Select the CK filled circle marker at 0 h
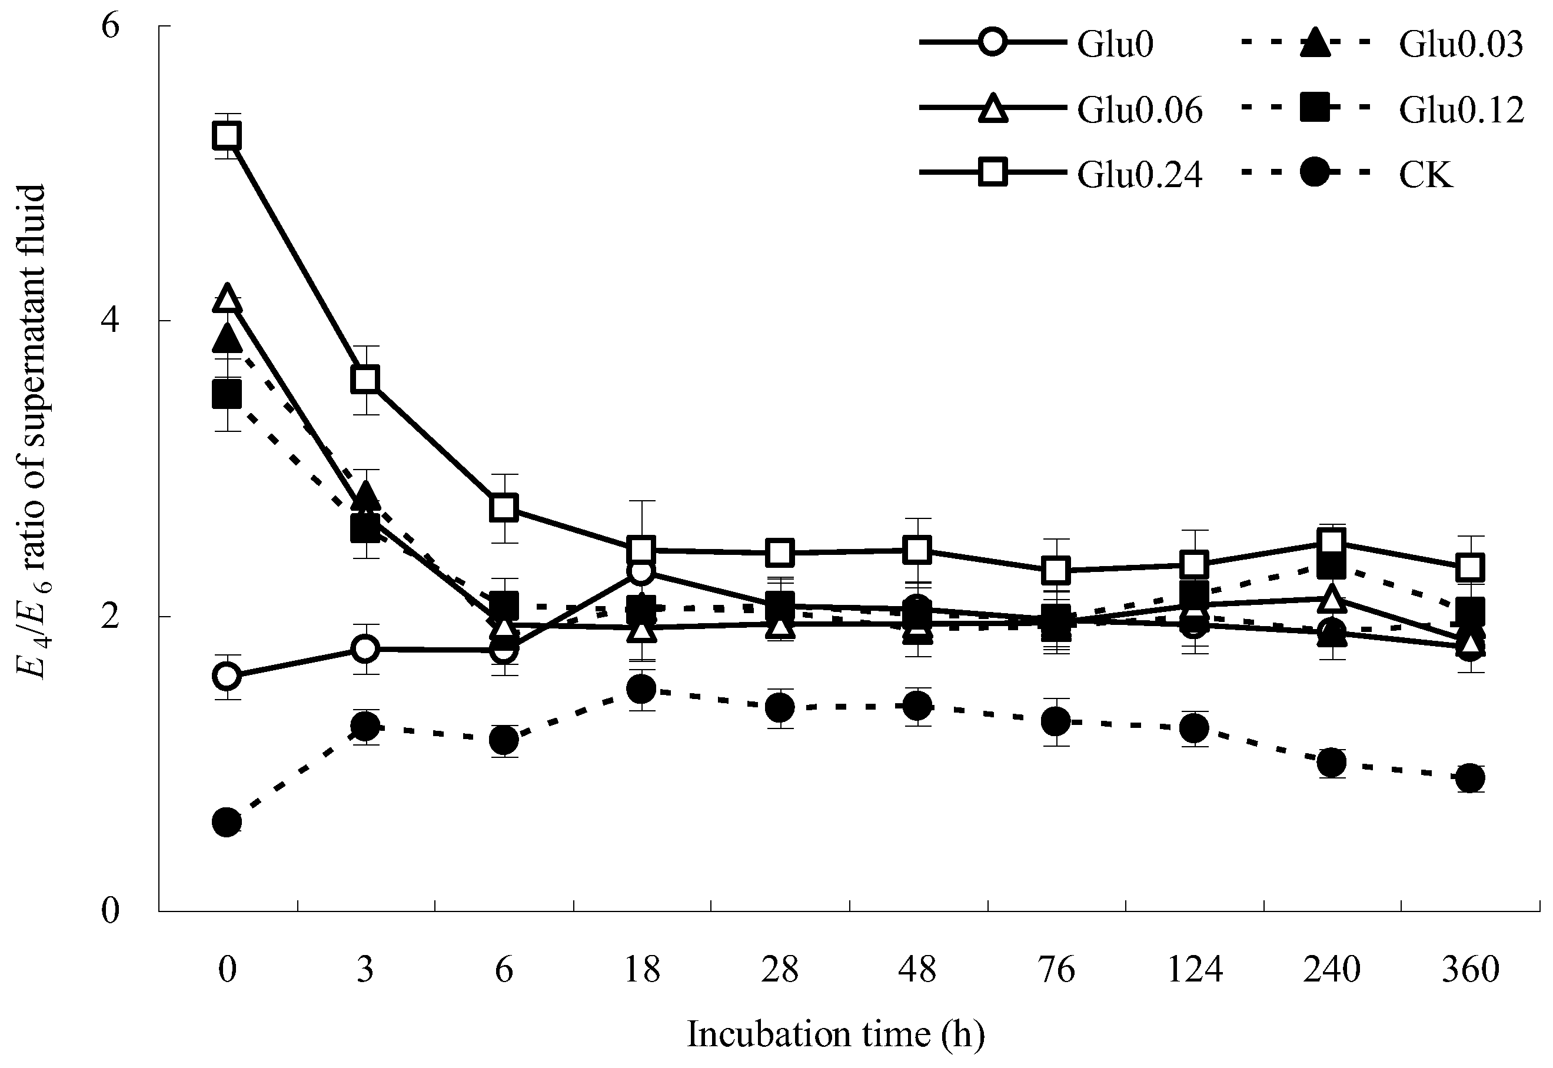tap(227, 822)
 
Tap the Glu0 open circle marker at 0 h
tap(227, 677)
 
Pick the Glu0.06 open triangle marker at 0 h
tap(227, 298)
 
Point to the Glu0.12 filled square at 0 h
tap(227, 395)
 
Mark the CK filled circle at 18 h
tap(641, 688)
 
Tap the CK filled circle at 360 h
tap(1470, 777)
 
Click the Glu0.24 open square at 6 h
tap(503, 508)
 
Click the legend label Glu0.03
tap(1461, 45)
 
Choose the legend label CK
tap(1426, 175)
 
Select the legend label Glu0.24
tap(1139, 175)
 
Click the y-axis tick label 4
tap(109, 321)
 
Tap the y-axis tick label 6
tap(109, 26)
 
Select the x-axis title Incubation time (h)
tap(836, 1034)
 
